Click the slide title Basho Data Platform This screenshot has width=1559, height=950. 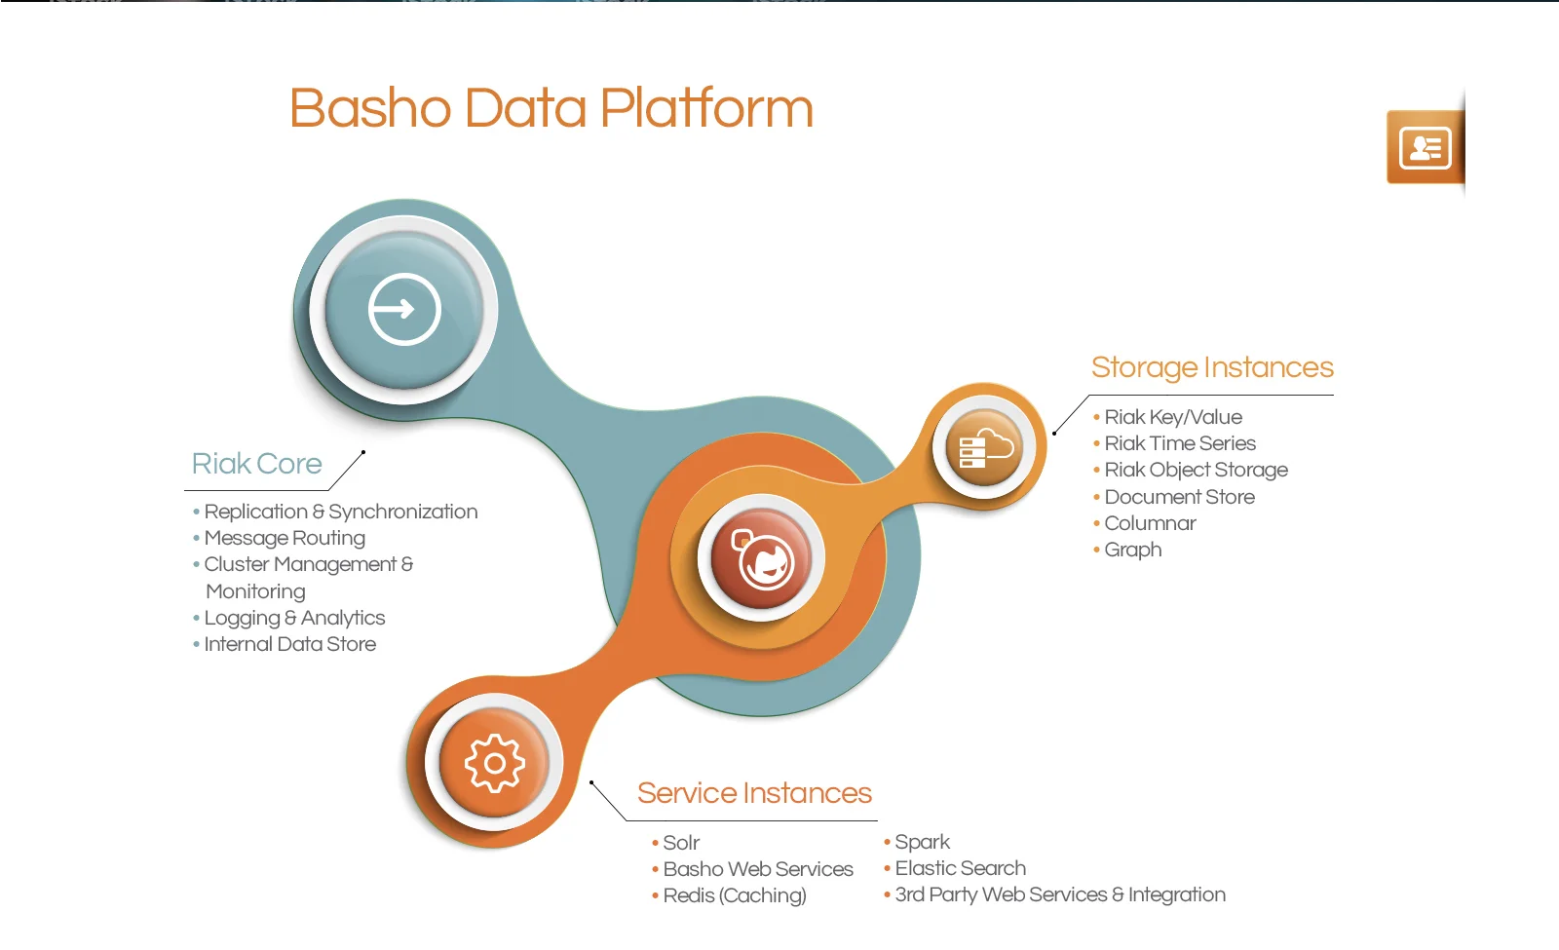point(551,108)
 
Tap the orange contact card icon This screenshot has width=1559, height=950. point(1425,148)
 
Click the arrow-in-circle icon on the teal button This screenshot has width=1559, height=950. point(404,310)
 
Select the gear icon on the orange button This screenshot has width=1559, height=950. point(494,763)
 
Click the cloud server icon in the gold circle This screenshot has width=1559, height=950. point(985,448)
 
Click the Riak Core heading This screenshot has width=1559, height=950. point(256,464)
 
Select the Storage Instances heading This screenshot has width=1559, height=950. point(1211,367)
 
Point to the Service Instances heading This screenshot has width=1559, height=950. point(754,793)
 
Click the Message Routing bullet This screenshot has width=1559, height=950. point(284,538)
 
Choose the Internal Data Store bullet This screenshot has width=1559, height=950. point(289,644)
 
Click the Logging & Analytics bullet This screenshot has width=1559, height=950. point(294,618)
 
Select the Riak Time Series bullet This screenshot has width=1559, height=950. point(1179,443)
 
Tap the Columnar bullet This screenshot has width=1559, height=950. point(1150,523)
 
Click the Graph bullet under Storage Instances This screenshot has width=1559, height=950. point(1132,550)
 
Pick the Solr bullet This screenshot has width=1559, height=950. point(681,843)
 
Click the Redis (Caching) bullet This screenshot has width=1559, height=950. point(734,895)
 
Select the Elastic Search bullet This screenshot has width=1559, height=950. point(960,868)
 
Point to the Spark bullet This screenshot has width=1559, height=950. point(922,842)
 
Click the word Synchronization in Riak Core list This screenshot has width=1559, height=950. point(402,512)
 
